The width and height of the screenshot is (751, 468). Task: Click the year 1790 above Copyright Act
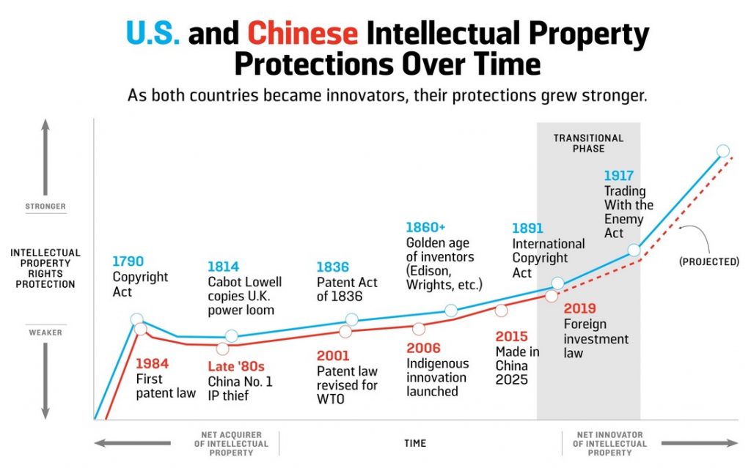coord(128,261)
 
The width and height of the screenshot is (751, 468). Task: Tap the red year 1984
coord(153,363)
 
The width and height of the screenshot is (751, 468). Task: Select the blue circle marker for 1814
coord(232,336)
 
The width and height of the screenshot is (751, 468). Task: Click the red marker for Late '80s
coord(222,349)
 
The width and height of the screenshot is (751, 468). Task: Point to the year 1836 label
coord(332,267)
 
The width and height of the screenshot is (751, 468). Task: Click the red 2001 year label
coord(333,356)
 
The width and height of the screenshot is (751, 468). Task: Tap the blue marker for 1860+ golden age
coord(451,311)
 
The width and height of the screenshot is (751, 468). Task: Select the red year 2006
coord(423,349)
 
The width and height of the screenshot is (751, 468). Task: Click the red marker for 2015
coord(501,310)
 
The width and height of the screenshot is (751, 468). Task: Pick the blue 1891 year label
coord(528,229)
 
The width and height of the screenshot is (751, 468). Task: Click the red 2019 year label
coord(579,308)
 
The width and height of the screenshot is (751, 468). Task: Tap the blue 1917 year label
coord(620,176)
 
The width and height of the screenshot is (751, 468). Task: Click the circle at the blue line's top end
coord(722,151)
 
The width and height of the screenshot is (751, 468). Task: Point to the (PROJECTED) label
coord(708,261)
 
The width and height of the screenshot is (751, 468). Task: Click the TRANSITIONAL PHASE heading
coord(588,143)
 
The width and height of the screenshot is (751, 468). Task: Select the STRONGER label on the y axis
coord(45,207)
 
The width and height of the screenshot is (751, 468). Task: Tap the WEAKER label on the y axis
coord(45,333)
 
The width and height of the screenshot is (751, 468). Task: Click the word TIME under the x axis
coord(414,443)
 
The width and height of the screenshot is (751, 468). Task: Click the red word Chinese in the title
coord(303,34)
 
